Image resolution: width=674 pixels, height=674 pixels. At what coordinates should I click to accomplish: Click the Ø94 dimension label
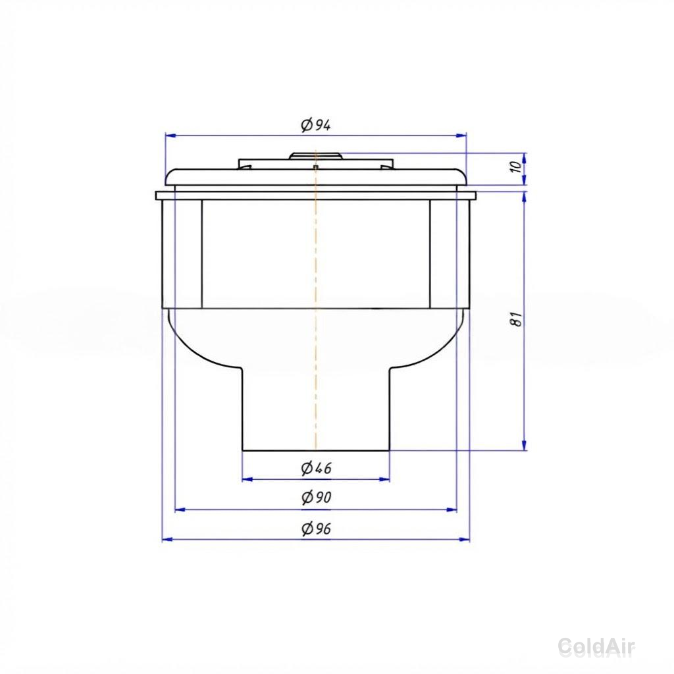pyautogui.click(x=316, y=126)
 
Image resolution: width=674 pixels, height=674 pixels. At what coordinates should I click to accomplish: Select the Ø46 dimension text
pyautogui.click(x=317, y=468)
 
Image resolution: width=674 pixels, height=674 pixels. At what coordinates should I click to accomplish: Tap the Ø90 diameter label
pyautogui.click(x=317, y=498)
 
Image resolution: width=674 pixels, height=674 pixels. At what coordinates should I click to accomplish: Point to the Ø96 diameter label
pyautogui.click(x=317, y=529)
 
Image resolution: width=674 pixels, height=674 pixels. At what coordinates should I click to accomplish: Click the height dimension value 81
pyautogui.click(x=517, y=319)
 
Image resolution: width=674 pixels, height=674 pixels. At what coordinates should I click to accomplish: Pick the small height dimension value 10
pyautogui.click(x=517, y=166)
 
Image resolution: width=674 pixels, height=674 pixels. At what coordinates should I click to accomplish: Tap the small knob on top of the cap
pyautogui.click(x=316, y=155)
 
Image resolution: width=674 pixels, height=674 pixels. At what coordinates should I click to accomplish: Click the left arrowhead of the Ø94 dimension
pyautogui.click(x=170, y=136)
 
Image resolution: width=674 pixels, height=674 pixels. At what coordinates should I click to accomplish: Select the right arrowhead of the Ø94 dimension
pyautogui.click(x=461, y=136)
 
